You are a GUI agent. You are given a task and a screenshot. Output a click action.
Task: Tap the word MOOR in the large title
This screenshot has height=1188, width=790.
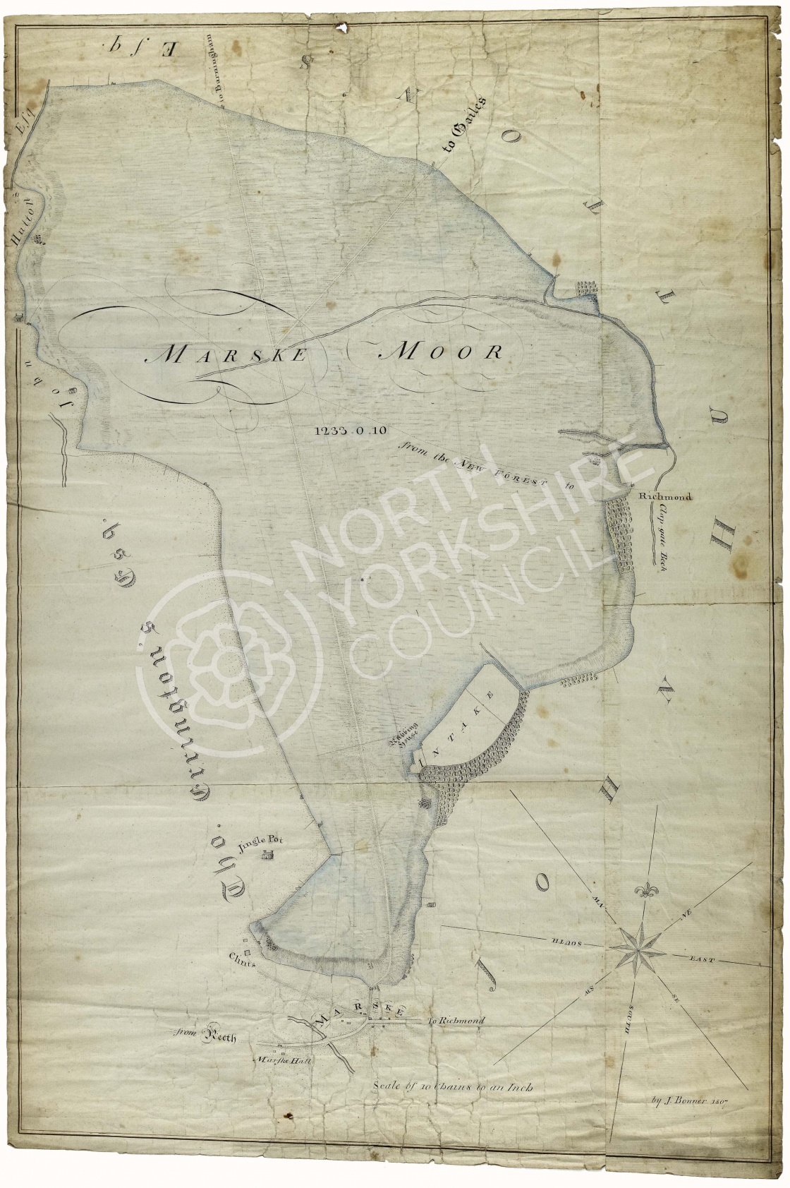pos(442,352)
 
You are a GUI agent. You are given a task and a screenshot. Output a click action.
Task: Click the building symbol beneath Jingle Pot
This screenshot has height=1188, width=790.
pos(267,856)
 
